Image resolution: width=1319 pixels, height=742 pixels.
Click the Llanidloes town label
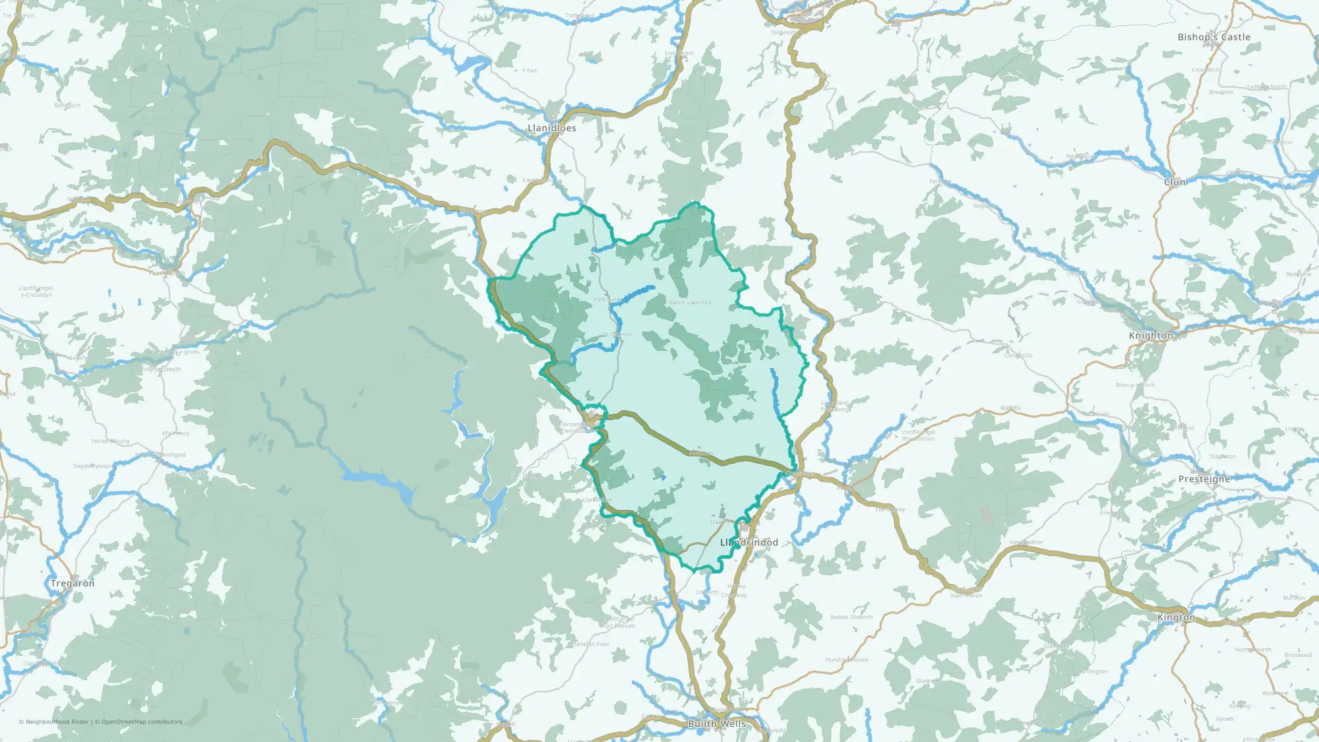(551, 128)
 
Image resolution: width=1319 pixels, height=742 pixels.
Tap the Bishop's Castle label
(1213, 38)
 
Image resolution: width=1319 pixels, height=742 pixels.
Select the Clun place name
(1175, 182)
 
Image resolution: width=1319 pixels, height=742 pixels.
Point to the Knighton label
(1151, 336)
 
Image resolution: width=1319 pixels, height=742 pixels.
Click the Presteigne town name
(1204, 479)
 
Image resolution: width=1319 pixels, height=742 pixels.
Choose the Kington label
(1176, 617)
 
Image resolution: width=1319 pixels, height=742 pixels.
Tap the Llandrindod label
(749, 542)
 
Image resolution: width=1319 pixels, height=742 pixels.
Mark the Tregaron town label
(73, 583)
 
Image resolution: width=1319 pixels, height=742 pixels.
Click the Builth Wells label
(717, 724)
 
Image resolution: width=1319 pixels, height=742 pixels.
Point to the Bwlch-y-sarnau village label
(690, 303)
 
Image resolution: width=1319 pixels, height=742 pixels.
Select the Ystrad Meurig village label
(110, 441)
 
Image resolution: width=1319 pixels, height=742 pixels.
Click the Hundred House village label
(847, 660)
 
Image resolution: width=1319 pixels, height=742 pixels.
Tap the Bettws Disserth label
(851, 617)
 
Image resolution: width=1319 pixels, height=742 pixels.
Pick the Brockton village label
(1221, 92)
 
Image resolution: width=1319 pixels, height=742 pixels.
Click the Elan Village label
(524, 476)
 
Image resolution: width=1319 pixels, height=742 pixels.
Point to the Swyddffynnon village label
(93, 466)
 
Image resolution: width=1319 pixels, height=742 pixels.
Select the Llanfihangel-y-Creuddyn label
(36, 292)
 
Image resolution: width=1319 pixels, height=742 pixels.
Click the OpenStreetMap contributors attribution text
(142, 722)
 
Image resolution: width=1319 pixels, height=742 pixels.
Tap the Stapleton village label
(1223, 456)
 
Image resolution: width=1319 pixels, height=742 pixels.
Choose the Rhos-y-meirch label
(1135, 385)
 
